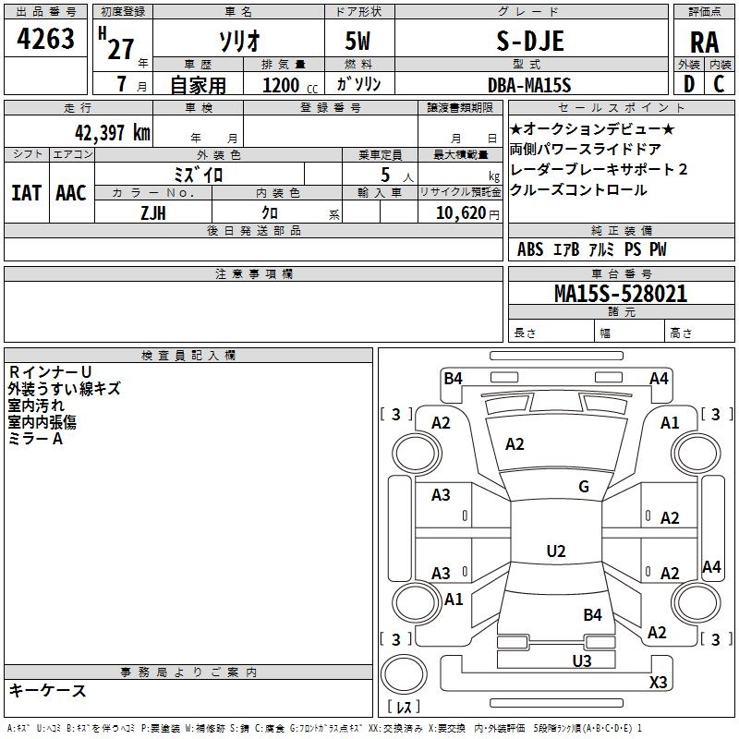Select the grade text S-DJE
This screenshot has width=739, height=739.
(x=529, y=42)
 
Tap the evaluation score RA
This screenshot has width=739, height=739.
(x=704, y=42)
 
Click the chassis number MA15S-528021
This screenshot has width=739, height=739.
(x=620, y=294)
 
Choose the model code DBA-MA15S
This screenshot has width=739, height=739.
(x=529, y=85)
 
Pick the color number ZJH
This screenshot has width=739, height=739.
(x=153, y=212)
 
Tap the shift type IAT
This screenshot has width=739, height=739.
(x=26, y=193)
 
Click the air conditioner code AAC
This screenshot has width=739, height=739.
(x=70, y=193)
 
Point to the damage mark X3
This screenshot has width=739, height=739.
(x=659, y=682)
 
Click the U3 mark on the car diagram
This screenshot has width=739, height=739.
(x=581, y=660)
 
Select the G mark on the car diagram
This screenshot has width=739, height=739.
(x=583, y=487)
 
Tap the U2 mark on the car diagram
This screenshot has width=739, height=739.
(x=555, y=551)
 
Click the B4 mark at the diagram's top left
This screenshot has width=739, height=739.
(x=453, y=377)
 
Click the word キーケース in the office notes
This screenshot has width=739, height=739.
(x=47, y=691)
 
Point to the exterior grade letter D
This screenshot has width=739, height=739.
(x=688, y=85)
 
